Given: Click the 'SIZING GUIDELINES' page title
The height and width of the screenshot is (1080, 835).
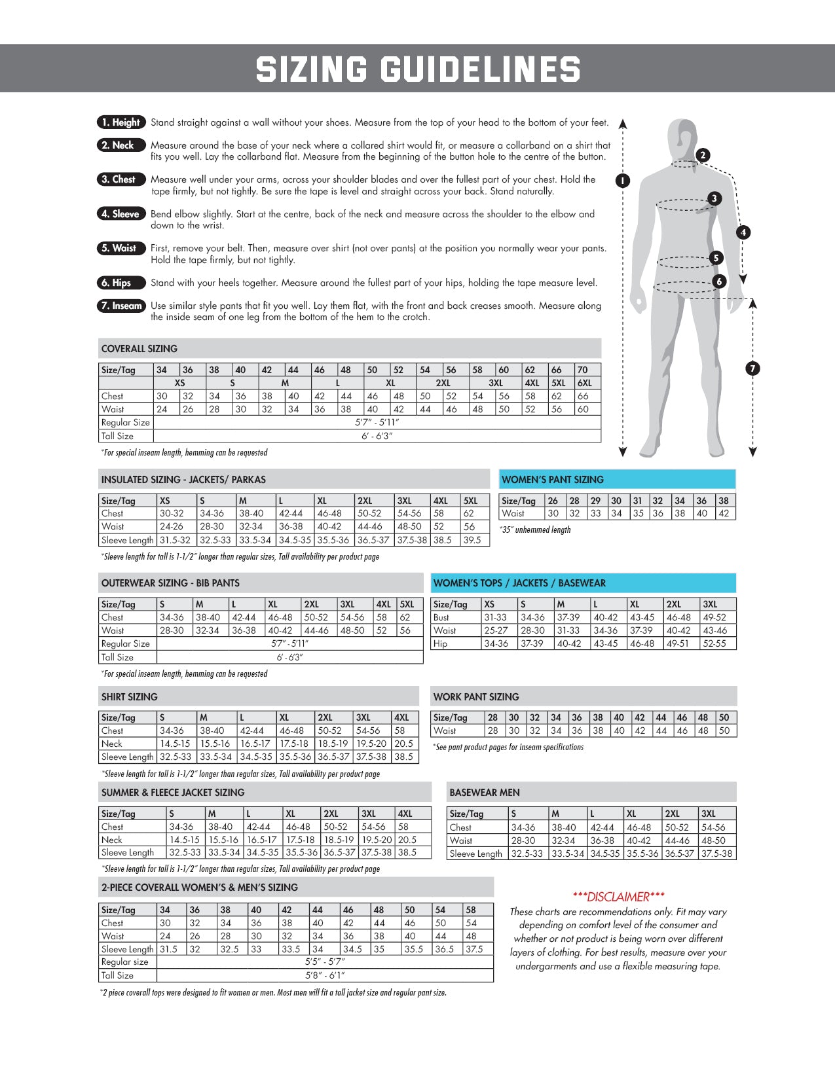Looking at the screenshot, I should tap(418, 69).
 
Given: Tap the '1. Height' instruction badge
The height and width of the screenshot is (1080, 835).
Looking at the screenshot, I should tap(121, 122).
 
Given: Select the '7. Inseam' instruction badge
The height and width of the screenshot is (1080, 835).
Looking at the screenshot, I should tap(121, 306).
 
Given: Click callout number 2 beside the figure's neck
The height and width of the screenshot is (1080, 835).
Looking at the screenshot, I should tap(703, 155).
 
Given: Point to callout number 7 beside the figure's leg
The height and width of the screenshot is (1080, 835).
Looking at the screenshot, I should tap(752, 369).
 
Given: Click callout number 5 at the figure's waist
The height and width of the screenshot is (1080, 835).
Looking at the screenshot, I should tap(716, 258).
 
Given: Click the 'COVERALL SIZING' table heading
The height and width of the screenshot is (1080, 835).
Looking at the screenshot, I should tap(139, 349).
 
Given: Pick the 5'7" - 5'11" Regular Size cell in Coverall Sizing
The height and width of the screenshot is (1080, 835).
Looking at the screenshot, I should tap(377, 423).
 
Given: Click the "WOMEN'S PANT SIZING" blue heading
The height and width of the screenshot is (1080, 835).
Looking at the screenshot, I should tap(553, 480).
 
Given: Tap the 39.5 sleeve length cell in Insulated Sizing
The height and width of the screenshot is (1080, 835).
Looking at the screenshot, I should tap(472, 541).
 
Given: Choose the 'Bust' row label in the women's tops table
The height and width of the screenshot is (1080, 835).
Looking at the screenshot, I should tap(441, 617).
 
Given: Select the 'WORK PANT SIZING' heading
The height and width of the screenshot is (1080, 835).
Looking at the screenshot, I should tap(476, 697).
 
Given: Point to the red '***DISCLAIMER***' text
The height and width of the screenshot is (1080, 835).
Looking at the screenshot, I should tap(618, 897).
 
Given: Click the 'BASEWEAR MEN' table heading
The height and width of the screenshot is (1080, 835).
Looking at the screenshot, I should tap(485, 793).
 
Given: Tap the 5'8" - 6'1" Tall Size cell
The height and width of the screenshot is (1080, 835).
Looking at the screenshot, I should tap(325, 975).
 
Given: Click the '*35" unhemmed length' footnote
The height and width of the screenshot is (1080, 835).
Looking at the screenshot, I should tap(535, 530).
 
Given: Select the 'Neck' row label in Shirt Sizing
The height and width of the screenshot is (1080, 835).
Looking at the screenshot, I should tap(112, 744).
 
